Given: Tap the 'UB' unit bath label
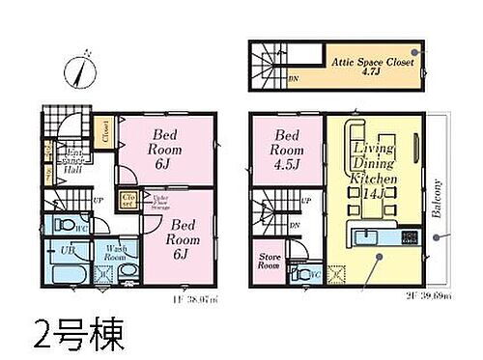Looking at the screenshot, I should coord(68,250).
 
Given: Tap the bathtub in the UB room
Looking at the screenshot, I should coord(67,272).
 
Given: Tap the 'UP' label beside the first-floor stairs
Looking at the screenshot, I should coord(97,202).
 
